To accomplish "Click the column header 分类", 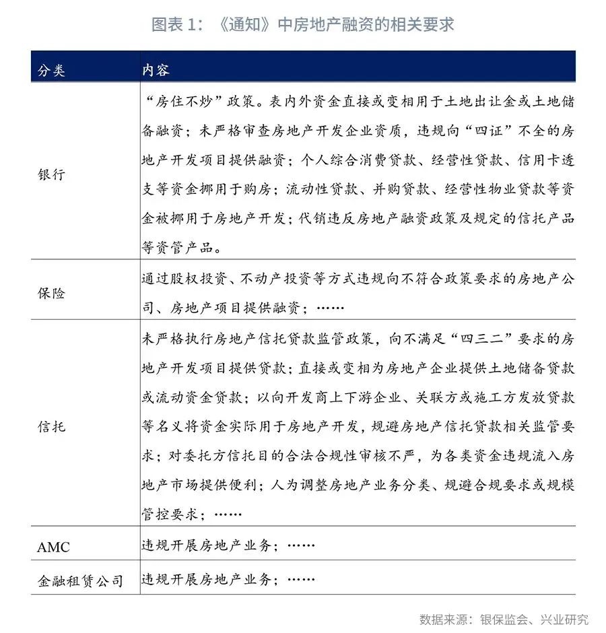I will click(51, 70).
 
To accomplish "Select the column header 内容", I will click(156, 70).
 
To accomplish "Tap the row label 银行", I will click(51, 174).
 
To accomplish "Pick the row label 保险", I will click(51, 293).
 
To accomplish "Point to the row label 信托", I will click(51, 426).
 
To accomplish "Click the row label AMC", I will click(53, 547).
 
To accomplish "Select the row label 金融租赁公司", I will click(80, 580).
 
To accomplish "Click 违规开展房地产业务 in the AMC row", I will click(206, 545).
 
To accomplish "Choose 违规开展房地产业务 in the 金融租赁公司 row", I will click(206, 579).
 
